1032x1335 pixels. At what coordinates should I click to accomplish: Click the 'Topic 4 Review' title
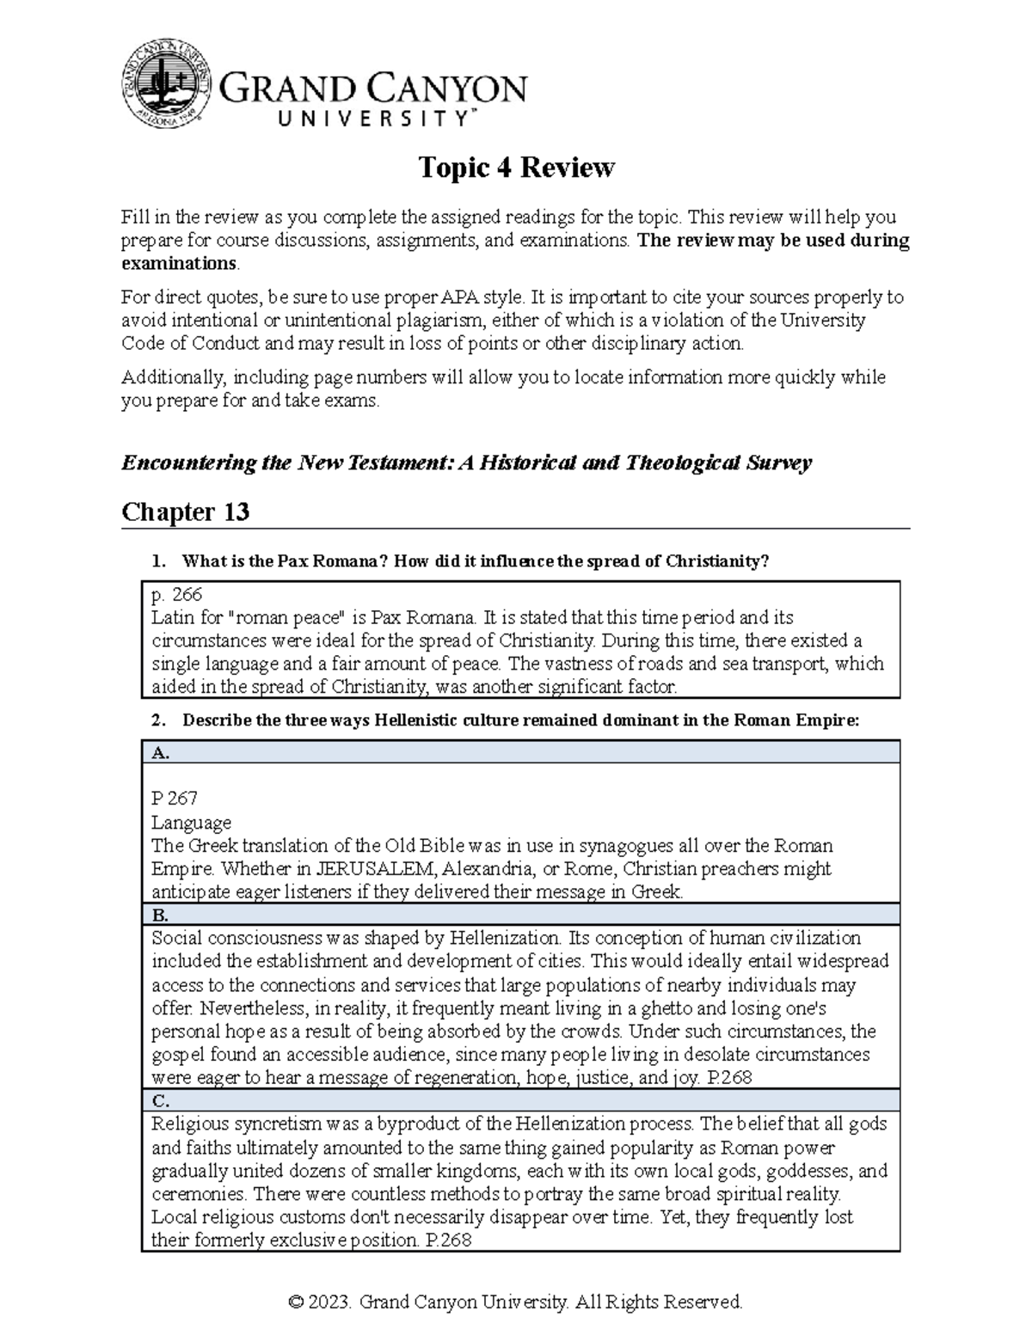(516, 168)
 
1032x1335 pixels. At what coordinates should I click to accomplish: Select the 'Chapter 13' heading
(185, 512)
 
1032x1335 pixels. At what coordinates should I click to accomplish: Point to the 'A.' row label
(160, 752)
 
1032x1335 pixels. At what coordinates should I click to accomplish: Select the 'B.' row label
(160, 915)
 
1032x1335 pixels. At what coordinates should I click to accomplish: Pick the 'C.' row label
(160, 1101)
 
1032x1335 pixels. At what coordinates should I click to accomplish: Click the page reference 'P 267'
(174, 799)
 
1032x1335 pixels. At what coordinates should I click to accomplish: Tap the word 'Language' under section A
(191, 822)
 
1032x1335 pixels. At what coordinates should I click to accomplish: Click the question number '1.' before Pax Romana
(157, 561)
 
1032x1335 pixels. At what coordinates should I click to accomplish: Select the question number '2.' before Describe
(157, 720)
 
